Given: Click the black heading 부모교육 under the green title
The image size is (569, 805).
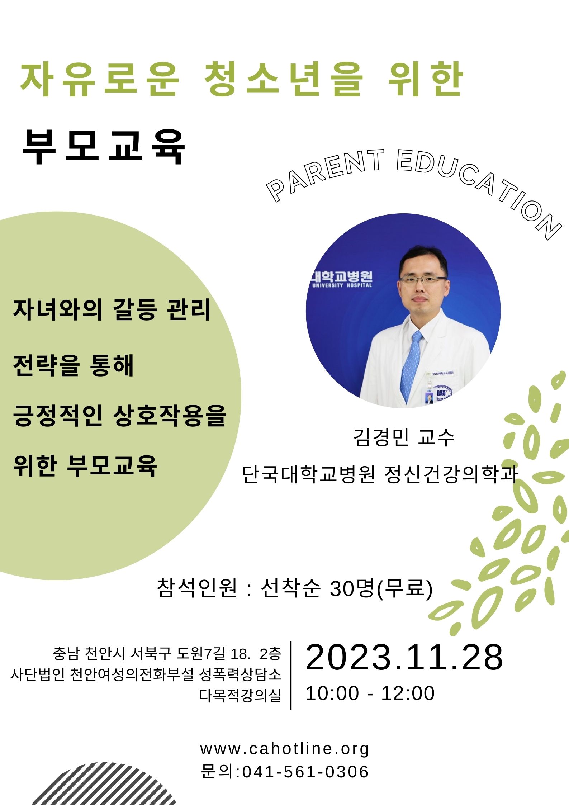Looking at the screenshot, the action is click(x=104, y=147).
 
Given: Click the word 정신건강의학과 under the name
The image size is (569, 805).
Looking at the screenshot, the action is click(x=451, y=474).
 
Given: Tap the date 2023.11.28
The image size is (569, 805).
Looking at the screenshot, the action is click(x=404, y=657).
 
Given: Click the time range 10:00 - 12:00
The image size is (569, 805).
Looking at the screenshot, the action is click(x=370, y=693).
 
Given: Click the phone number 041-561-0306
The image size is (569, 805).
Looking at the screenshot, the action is click(x=305, y=772).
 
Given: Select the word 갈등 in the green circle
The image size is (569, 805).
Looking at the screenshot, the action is click(x=134, y=309).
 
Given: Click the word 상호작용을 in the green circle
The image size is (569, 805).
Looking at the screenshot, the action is click(x=170, y=416).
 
